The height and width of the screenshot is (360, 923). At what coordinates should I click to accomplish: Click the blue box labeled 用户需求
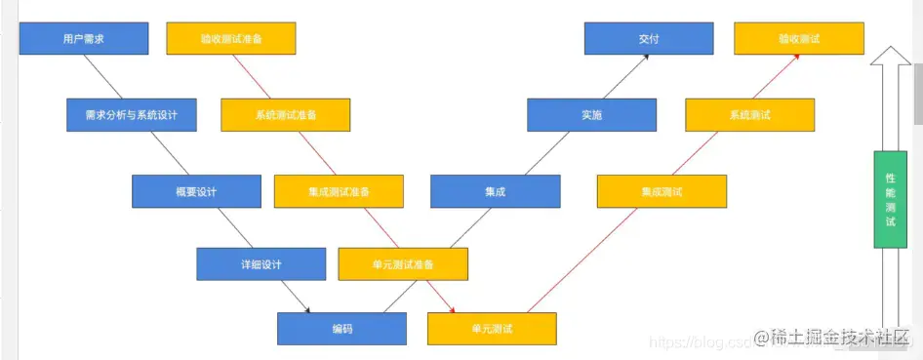point(84,39)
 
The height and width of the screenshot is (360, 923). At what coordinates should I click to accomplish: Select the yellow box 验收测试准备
point(231,39)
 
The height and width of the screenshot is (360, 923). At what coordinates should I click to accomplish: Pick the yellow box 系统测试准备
point(286,115)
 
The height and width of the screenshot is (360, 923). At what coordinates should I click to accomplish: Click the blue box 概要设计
point(196,191)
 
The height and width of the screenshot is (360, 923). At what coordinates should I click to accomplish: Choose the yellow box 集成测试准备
point(339,191)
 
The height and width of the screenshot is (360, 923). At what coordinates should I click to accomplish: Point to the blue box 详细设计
point(261,264)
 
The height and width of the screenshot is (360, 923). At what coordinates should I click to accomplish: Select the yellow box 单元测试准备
point(403,264)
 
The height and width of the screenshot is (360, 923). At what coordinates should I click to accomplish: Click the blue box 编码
point(341,329)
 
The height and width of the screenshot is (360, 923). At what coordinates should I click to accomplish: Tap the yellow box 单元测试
point(492,329)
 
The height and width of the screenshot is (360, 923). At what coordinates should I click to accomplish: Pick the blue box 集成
point(496,191)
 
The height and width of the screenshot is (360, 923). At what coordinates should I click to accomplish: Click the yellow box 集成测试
point(662,191)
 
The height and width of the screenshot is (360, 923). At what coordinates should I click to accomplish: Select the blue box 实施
point(591,115)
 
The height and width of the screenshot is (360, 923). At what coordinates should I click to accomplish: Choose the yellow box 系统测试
point(750,115)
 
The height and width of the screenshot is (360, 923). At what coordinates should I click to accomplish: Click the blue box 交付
point(649,39)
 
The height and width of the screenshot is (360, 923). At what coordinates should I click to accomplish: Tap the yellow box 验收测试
point(799,39)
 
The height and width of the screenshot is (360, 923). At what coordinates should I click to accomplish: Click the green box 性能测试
point(890,200)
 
